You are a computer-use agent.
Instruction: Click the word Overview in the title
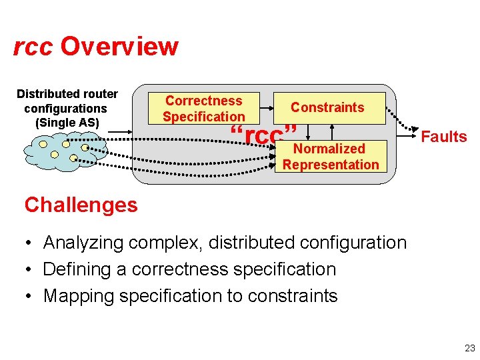pyautogui.click(x=119, y=47)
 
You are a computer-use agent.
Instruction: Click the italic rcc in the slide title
pyautogui.click(x=33, y=47)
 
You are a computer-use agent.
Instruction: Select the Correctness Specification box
pyautogui.click(x=203, y=108)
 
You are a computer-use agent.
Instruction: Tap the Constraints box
pyautogui.click(x=327, y=107)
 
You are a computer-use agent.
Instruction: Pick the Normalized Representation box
pyautogui.click(x=331, y=157)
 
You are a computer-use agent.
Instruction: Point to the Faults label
pyautogui.click(x=444, y=137)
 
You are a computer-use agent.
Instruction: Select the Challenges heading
pyautogui.click(x=81, y=205)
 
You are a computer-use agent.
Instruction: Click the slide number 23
pyautogui.click(x=469, y=347)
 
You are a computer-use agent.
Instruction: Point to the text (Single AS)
pyautogui.click(x=67, y=123)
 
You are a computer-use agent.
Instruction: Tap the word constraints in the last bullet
pyautogui.click(x=291, y=296)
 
